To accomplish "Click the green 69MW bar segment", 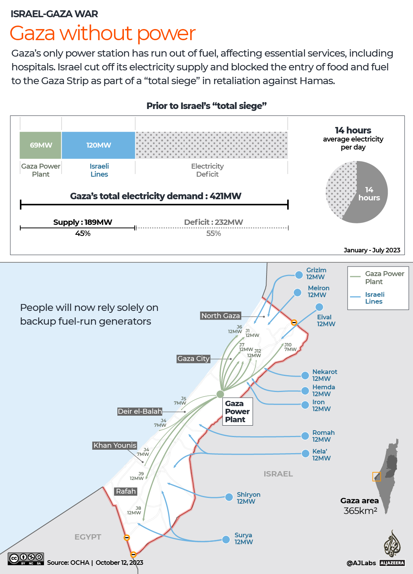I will tap(41, 145).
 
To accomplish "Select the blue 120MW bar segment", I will tap(98, 145).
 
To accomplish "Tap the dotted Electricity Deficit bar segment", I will tap(211, 145).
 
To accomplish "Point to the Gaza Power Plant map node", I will tap(220, 394).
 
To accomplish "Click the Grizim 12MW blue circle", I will tap(299, 275).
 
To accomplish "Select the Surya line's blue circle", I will tap(226, 539).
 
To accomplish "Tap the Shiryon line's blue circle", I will tap(229, 497).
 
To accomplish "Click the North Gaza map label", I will tap(221, 315).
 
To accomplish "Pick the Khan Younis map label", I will tap(115, 445).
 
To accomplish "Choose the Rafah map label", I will tap(126, 491).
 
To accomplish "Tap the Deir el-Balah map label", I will tap(140, 411).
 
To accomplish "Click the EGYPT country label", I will tap(88, 537).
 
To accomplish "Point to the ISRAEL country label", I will tap(278, 474).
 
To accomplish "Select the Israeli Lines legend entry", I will tap(374, 298).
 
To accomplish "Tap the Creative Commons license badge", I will tap(26, 559).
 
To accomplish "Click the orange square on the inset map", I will tap(377, 477).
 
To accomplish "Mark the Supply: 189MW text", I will tap(83, 222).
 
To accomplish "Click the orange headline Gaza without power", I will tap(102, 33).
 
